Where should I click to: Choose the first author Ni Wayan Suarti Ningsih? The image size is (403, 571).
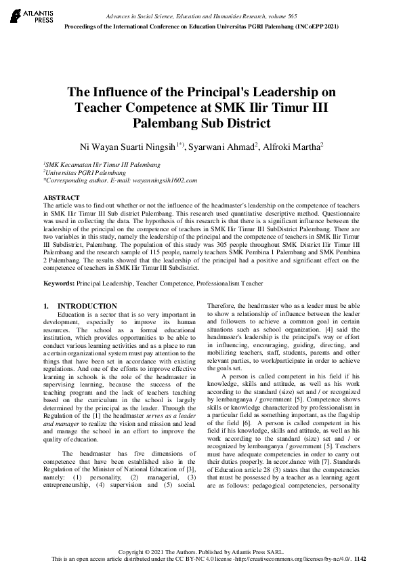pos(128,146)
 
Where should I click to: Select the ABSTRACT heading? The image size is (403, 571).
pos(60,197)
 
